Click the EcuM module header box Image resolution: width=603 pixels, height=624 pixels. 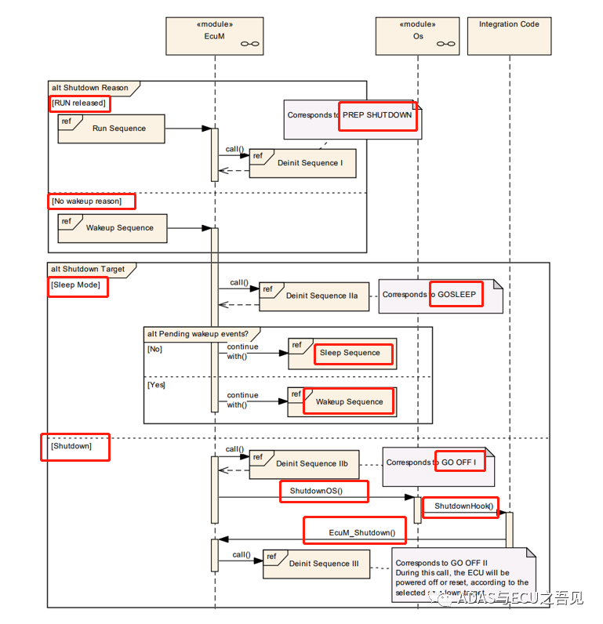click(215, 35)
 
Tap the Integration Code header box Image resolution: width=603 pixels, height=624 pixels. click(509, 35)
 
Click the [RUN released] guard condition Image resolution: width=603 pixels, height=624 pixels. click(78, 103)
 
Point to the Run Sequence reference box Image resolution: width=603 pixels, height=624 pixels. click(111, 129)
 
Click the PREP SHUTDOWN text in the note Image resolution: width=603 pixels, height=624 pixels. click(376, 115)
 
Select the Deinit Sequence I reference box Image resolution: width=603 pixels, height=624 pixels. click(303, 163)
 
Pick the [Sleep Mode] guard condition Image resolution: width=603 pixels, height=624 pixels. click(77, 285)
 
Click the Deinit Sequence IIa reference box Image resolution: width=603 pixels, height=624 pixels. click(314, 296)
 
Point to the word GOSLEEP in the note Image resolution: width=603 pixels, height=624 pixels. click(456, 295)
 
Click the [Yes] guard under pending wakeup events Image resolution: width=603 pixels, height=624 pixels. click(155, 385)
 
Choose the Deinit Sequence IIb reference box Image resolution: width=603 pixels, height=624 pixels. click(304, 463)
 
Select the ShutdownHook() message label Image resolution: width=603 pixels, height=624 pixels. click(463, 506)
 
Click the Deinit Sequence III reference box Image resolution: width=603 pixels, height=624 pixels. click(316, 564)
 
